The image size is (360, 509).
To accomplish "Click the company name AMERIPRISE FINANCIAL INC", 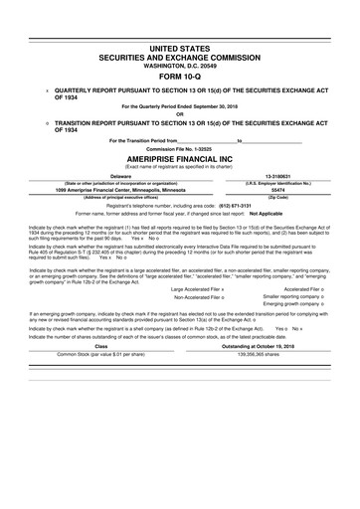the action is pyautogui.click(x=180, y=158).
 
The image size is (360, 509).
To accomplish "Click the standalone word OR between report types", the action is pyautogui.click(x=180, y=112).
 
